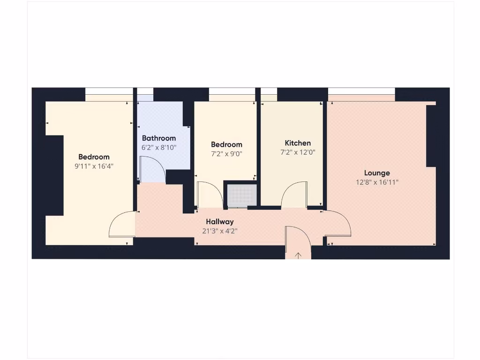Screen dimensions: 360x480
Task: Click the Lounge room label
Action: (377, 173)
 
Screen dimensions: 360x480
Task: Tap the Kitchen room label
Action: (298, 143)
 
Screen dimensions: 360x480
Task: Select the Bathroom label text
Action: (159, 138)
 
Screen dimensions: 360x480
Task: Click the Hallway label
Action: (220, 222)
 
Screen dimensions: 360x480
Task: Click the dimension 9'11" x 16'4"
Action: (94, 166)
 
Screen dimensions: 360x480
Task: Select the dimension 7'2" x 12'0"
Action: (298, 152)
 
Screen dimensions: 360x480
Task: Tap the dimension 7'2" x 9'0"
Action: (226, 154)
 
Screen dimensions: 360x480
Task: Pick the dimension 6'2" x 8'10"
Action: (159, 147)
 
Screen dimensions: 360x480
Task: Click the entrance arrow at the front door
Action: (298, 255)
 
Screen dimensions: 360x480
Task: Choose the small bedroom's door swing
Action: (209, 195)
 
